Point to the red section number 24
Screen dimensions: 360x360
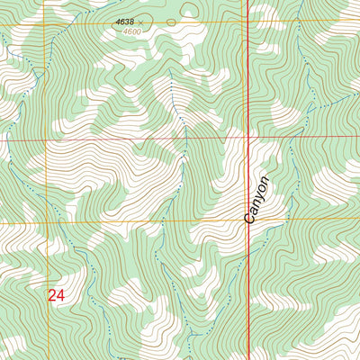pos(57,294)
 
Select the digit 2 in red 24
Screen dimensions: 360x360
pos(52,294)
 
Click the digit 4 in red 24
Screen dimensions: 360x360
pos(61,294)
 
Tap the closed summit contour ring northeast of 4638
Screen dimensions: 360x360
pos(189,10)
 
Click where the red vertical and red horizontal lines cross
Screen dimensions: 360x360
pos(247,139)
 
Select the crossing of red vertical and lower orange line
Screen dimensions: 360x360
pos(247,222)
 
